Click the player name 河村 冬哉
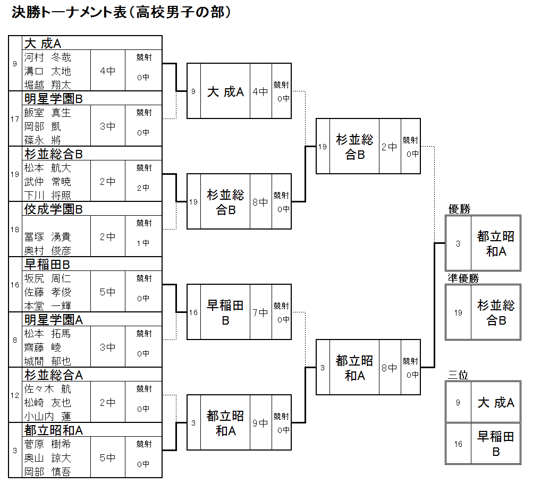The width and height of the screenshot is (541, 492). point(47,57)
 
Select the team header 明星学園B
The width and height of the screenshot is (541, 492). point(54,99)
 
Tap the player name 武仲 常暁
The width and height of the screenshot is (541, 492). point(47,182)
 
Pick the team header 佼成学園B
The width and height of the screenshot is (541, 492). point(54,209)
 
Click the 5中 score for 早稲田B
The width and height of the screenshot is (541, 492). point(108,292)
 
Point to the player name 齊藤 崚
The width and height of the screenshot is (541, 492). point(43,347)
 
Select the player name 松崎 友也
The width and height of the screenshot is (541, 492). point(47,403)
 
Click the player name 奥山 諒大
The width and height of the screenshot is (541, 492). point(47,458)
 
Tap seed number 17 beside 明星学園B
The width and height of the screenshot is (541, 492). point(15,119)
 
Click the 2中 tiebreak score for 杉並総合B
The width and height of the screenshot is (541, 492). point(143,188)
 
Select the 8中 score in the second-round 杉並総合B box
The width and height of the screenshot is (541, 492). point(260,202)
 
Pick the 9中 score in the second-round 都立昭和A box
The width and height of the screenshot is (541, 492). point(260,423)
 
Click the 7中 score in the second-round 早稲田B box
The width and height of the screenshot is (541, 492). point(260,312)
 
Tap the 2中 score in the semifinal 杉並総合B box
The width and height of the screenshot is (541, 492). point(390,147)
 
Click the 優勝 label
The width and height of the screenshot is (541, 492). point(460,209)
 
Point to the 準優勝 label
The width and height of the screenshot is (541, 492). point(463,278)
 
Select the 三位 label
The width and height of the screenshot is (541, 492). point(458,375)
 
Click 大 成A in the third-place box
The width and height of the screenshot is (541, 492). point(496,403)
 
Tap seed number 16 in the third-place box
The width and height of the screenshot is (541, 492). point(458,444)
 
